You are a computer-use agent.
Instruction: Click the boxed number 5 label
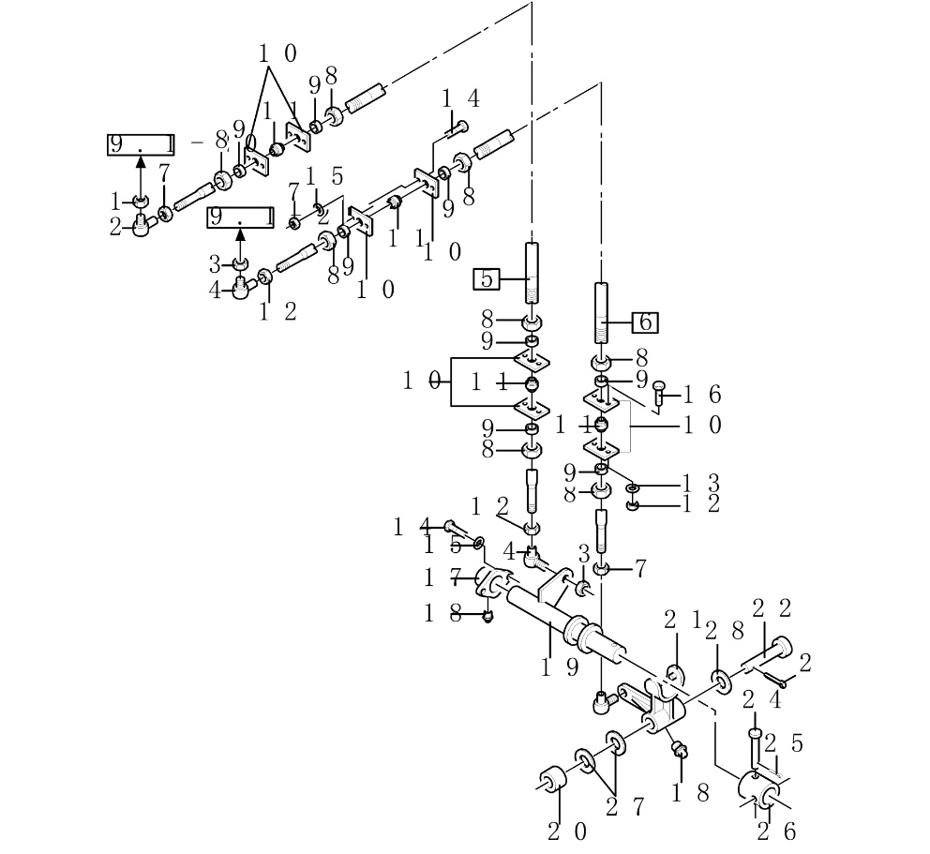(487, 278)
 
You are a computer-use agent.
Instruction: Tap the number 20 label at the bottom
(567, 831)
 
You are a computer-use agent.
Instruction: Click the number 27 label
(625, 805)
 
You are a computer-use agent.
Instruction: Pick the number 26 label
(776, 831)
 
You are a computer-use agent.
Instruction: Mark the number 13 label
(701, 483)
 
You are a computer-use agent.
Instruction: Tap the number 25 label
(784, 743)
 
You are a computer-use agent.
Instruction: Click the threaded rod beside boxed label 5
(532, 272)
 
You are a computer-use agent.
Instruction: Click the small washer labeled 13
(633, 487)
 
